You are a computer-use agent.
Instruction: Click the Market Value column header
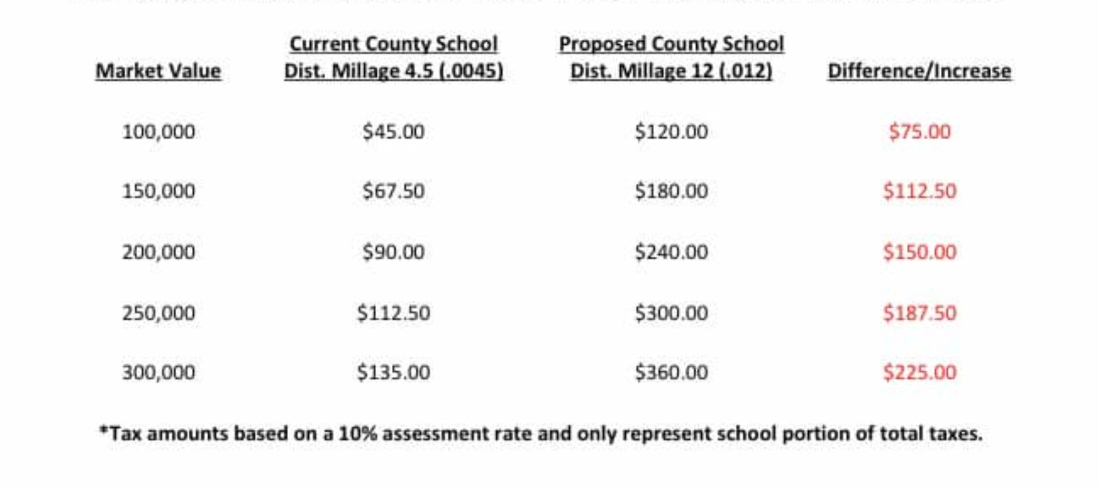(x=158, y=71)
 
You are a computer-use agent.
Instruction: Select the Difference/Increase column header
(x=919, y=71)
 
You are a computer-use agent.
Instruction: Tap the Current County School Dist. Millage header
(x=393, y=58)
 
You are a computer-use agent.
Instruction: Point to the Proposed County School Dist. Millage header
(x=671, y=58)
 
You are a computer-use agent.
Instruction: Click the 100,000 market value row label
(x=158, y=132)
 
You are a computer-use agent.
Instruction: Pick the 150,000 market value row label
(x=158, y=191)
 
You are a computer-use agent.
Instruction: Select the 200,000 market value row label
(x=158, y=251)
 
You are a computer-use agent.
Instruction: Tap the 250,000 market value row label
(x=158, y=312)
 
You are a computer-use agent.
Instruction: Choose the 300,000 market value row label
(x=158, y=372)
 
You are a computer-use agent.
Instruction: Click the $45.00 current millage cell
(x=393, y=132)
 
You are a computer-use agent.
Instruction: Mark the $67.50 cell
(x=393, y=191)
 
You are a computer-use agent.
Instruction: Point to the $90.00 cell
(x=393, y=251)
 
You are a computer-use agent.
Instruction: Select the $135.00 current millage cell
(x=393, y=372)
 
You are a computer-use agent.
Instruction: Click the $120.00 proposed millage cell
(x=671, y=132)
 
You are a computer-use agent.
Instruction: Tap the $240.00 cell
(x=671, y=251)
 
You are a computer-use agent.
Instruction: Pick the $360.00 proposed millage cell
(x=671, y=372)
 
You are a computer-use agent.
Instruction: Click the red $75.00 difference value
(x=919, y=132)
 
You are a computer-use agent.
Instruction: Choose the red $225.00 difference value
(x=919, y=372)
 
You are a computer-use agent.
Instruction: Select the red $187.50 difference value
(x=919, y=312)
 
